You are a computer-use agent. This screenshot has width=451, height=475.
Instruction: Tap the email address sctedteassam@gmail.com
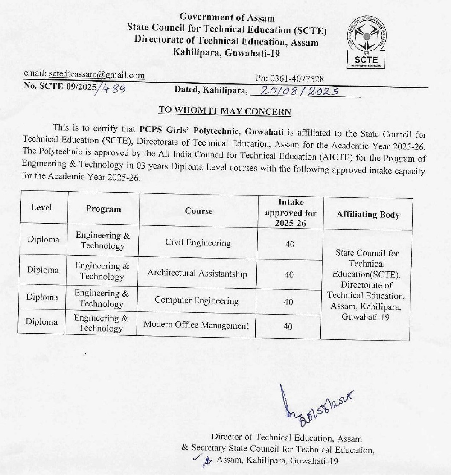point(97,76)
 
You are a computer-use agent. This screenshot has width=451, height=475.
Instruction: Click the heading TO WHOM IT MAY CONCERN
point(224,111)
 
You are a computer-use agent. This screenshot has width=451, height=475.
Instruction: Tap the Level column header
point(41,207)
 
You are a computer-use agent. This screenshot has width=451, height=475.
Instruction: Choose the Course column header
point(199,211)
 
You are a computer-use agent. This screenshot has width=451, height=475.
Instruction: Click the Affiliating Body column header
point(368,214)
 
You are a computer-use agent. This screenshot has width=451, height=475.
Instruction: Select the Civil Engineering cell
point(198,243)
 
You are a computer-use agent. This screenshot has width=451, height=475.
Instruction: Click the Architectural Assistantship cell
point(197,273)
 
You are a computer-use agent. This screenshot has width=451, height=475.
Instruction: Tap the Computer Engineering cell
point(197,300)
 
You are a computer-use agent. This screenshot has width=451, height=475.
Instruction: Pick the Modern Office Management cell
point(196,325)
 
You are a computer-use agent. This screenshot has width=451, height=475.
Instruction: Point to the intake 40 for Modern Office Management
point(288,326)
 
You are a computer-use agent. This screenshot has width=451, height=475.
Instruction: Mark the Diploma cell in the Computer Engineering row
point(42,297)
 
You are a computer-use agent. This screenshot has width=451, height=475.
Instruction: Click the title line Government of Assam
point(227,17)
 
